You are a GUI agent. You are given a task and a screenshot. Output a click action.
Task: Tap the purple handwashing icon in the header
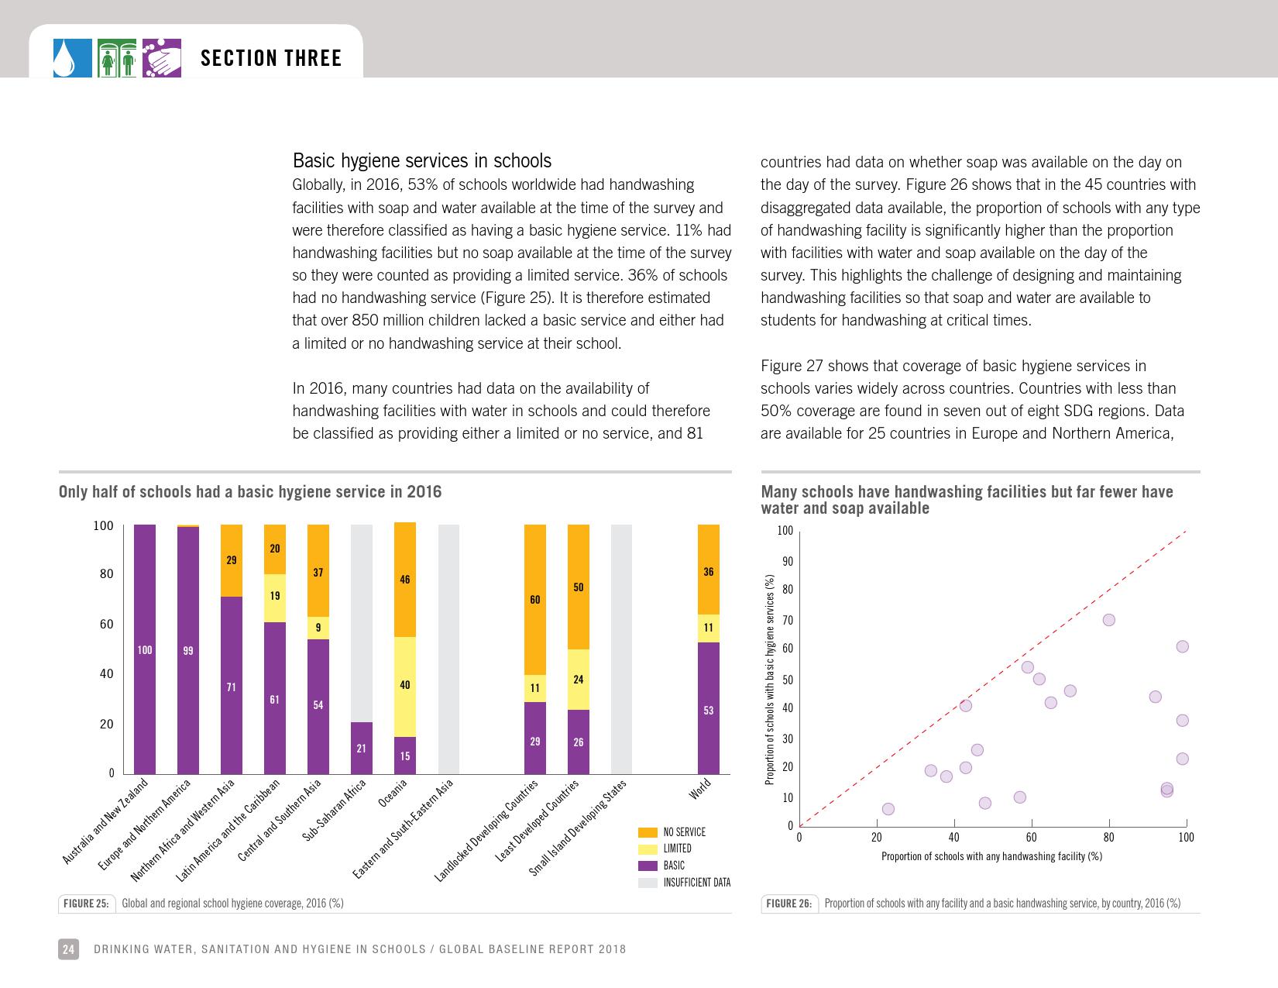click(162, 58)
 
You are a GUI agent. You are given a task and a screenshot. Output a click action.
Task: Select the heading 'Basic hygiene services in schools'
click(422, 161)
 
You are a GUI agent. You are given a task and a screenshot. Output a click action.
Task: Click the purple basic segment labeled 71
click(232, 685)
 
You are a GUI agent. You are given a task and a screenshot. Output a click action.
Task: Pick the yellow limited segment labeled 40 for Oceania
click(405, 686)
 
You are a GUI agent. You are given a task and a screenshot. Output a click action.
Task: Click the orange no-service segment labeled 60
click(535, 600)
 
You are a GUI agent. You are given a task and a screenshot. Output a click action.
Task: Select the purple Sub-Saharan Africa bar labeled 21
click(362, 748)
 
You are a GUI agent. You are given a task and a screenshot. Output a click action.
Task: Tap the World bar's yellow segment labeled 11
click(709, 628)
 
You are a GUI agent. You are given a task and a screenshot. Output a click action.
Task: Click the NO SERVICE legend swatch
click(648, 832)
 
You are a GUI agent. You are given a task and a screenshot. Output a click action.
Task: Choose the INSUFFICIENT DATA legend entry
click(696, 883)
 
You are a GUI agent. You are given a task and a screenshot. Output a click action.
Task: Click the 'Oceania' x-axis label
click(393, 794)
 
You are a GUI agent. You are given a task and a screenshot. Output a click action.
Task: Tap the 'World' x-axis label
click(699, 790)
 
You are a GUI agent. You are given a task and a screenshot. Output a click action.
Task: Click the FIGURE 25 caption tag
click(86, 904)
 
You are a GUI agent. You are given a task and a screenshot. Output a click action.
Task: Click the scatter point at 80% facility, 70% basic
click(1108, 620)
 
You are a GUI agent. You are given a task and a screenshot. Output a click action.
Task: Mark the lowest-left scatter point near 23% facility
click(888, 809)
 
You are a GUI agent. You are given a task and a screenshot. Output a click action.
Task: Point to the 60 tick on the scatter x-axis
click(1031, 838)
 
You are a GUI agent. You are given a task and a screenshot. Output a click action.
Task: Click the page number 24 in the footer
click(68, 949)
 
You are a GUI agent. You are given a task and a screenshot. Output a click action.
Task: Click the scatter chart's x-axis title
click(991, 856)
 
